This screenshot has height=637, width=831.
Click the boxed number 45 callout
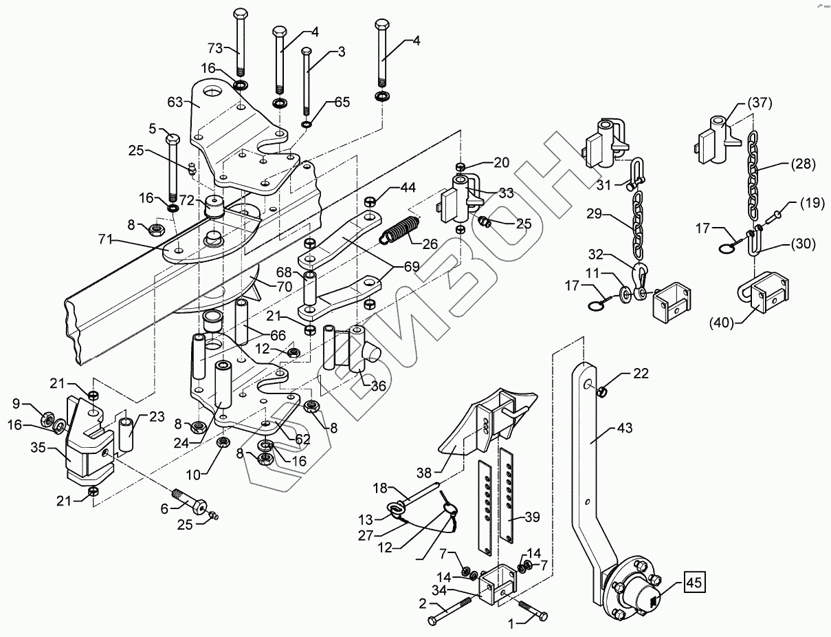[x=694, y=585]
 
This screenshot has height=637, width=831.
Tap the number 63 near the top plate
[x=175, y=102]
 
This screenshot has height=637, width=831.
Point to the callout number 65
[x=342, y=102]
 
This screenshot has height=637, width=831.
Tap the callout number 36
[x=379, y=386]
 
